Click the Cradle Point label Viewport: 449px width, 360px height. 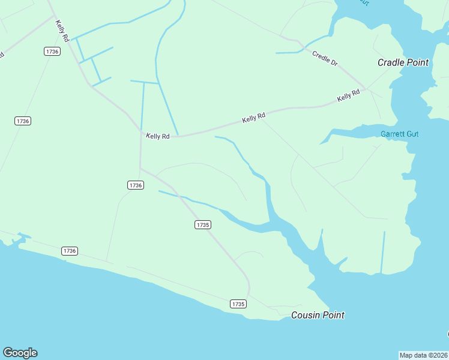402,62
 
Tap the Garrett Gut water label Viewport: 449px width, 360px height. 399,134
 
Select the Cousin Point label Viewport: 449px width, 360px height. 318,315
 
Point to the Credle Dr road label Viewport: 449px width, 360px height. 325,58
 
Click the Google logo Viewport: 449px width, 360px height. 20,353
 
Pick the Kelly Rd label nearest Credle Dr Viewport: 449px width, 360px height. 348,95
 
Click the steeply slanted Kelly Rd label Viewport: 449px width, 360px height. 62,31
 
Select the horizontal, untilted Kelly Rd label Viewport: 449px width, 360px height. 158,136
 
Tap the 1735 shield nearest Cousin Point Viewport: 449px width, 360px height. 238,304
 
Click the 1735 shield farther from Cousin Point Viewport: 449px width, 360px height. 203,224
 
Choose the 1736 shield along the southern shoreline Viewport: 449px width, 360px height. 70,250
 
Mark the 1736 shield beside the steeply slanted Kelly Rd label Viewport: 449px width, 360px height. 52,52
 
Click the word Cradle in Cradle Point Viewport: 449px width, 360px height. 390,62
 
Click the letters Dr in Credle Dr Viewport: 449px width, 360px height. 334,62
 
